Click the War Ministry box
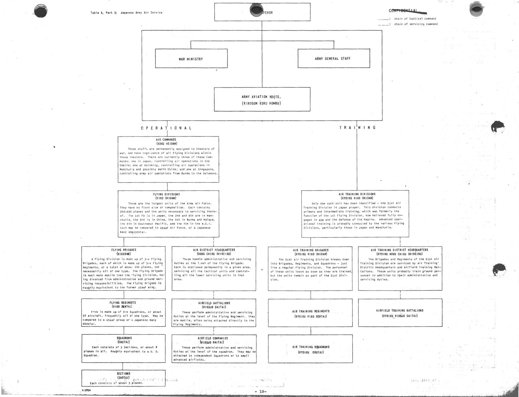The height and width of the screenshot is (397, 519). pyautogui.click(x=191, y=58)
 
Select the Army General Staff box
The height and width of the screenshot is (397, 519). pyautogui.click(x=333, y=58)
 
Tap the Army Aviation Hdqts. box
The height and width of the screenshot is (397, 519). pyautogui.click(x=262, y=99)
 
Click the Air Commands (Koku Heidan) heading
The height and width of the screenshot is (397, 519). pyautogui.click(x=166, y=142)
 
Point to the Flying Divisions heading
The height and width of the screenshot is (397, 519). pyautogui.click(x=166, y=196)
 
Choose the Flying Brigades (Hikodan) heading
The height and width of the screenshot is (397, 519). pyautogui.click(x=124, y=252)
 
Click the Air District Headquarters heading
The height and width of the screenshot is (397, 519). pyautogui.click(x=214, y=252)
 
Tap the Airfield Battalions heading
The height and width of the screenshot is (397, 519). pyautogui.click(x=214, y=305)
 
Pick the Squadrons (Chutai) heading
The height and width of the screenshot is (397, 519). pyautogui.click(x=124, y=340)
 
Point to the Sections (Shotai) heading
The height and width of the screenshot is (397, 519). pyautogui.click(x=124, y=375)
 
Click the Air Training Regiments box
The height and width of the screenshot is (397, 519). pyautogui.click(x=310, y=313)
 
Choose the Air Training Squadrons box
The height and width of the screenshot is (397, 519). pyautogui.click(x=310, y=349)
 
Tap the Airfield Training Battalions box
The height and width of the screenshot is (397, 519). pyautogui.click(x=400, y=313)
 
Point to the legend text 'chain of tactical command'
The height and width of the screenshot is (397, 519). pyautogui.click(x=415, y=19)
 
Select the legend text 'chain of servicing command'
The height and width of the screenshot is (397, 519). pyautogui.click(x=416, y=24)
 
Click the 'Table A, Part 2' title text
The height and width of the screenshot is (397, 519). pyautogui.click(x=126, y=13)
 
